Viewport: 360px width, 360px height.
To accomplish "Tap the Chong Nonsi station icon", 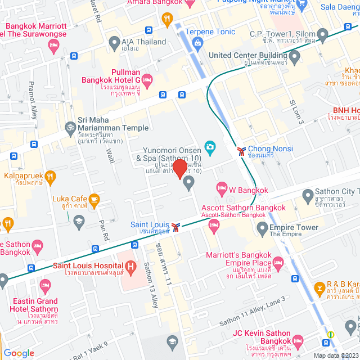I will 241,151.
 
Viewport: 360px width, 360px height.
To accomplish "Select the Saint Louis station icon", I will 177,227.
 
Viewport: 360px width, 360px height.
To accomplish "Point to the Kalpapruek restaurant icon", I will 51,177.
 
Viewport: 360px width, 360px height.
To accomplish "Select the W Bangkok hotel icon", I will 222,187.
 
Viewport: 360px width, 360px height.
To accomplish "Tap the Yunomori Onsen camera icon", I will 210,147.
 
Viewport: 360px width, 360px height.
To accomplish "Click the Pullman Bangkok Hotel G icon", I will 147,78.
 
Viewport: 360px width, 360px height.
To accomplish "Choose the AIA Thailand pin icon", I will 114,42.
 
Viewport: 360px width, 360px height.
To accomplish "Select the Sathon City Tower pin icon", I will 307,196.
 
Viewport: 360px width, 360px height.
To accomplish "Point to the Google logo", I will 19,353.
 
